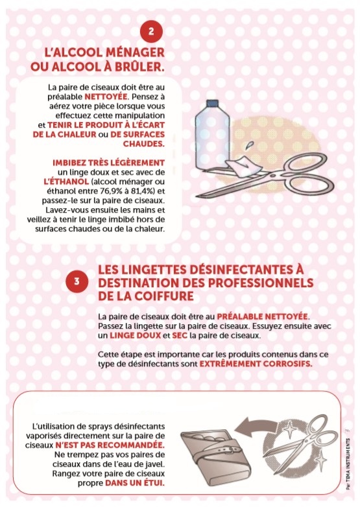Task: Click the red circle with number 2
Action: click(x=151, y=31)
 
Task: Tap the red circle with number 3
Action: click(x=77, y=281)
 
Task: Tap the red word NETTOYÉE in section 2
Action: click(x=106, y=97)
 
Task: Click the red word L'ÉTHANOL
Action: click(x=66, y=182)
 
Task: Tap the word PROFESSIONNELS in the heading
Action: click(x=260, y=283)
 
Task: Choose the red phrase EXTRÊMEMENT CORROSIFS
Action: click(x=256, y=364)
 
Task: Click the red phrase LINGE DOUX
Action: click(x=135, y=335)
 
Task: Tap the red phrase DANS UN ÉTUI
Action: click(x=135, y=483)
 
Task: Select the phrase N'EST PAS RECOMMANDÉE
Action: click(x=110, y=445)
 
